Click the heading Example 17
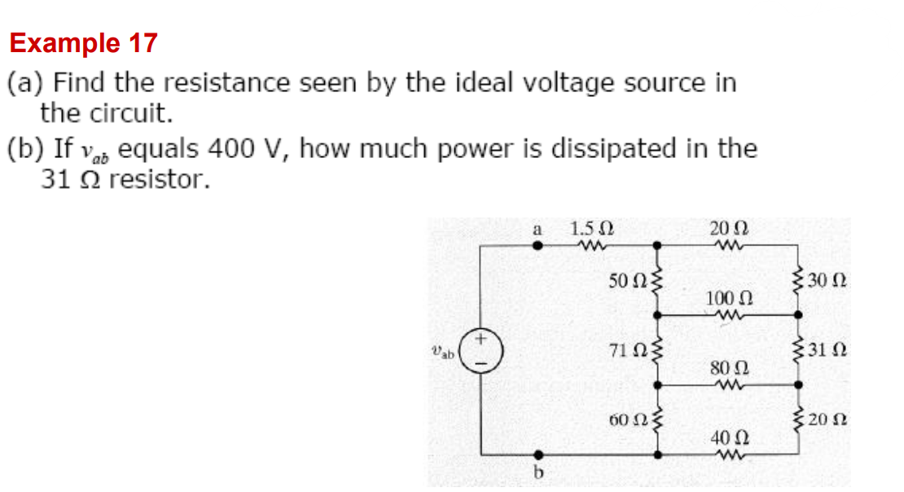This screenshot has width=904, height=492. click(x=84, y=43)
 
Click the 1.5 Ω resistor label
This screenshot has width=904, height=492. click(x=592, y=230)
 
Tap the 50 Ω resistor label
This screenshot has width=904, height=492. click(x=625, y=281)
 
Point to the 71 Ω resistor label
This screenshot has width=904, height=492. click(x=625, y=351)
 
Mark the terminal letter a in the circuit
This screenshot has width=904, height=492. click(x=537, y=230)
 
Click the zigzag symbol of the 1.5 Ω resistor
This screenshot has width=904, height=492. click(x=592, y=244)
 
